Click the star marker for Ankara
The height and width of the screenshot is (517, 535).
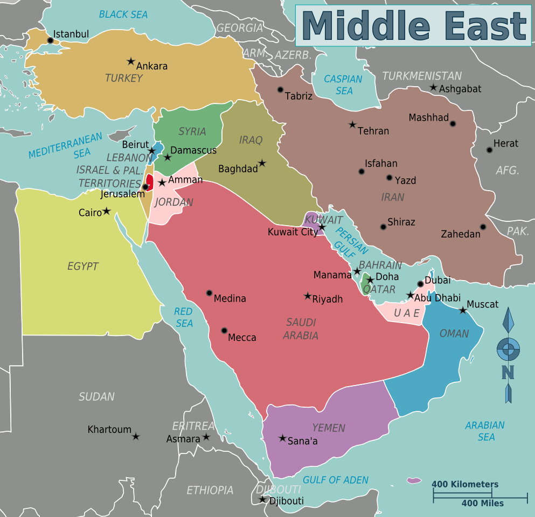pos(130,61)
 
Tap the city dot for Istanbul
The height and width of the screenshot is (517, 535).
pos(51,40)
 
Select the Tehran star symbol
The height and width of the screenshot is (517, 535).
pos(352,124)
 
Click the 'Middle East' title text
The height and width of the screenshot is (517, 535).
pos(413,26)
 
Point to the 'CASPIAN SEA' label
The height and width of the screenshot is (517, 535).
pos(343,85)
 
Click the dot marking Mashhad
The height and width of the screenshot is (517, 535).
pos(453,123)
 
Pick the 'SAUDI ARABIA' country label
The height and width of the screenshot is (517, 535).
pos(302,329)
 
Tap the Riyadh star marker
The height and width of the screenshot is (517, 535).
pos(308,296)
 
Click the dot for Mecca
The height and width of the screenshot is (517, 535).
pos(224,331)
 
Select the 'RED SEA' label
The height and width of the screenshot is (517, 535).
pos(183,318)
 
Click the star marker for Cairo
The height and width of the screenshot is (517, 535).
pos(107,211)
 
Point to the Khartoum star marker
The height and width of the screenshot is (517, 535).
pos(136,436)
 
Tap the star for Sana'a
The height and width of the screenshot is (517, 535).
pos(282,438)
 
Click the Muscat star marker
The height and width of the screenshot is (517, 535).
pos(463,310)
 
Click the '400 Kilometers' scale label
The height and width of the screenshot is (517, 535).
pos(465,484)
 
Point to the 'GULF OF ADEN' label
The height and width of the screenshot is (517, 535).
pos(336,480)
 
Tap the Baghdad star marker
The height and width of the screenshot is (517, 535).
pos(262,163)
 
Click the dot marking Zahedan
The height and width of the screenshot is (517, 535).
pos(483,227)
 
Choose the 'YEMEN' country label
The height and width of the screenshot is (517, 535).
pos(328,428)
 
